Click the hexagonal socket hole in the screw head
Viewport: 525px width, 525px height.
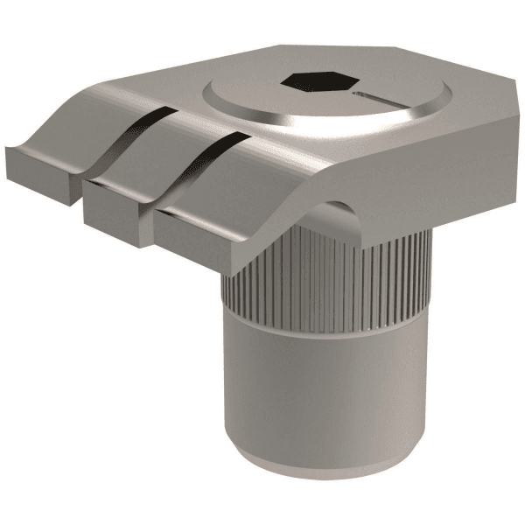(x=318, y=83)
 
